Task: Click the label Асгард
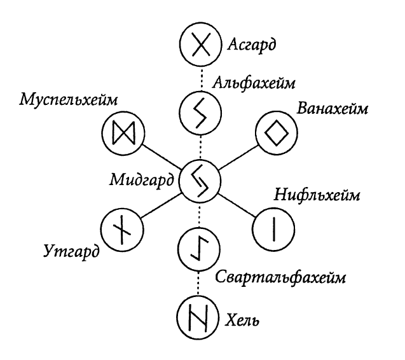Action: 252,45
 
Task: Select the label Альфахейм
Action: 254,83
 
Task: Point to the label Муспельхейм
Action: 69,100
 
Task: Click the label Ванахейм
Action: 332,109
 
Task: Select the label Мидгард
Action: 142,179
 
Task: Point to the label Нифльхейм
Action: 317,195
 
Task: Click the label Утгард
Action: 71,251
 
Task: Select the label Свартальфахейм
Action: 280,277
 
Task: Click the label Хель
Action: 242,321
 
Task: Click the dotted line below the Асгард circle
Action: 201,79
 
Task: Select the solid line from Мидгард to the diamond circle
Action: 238,158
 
